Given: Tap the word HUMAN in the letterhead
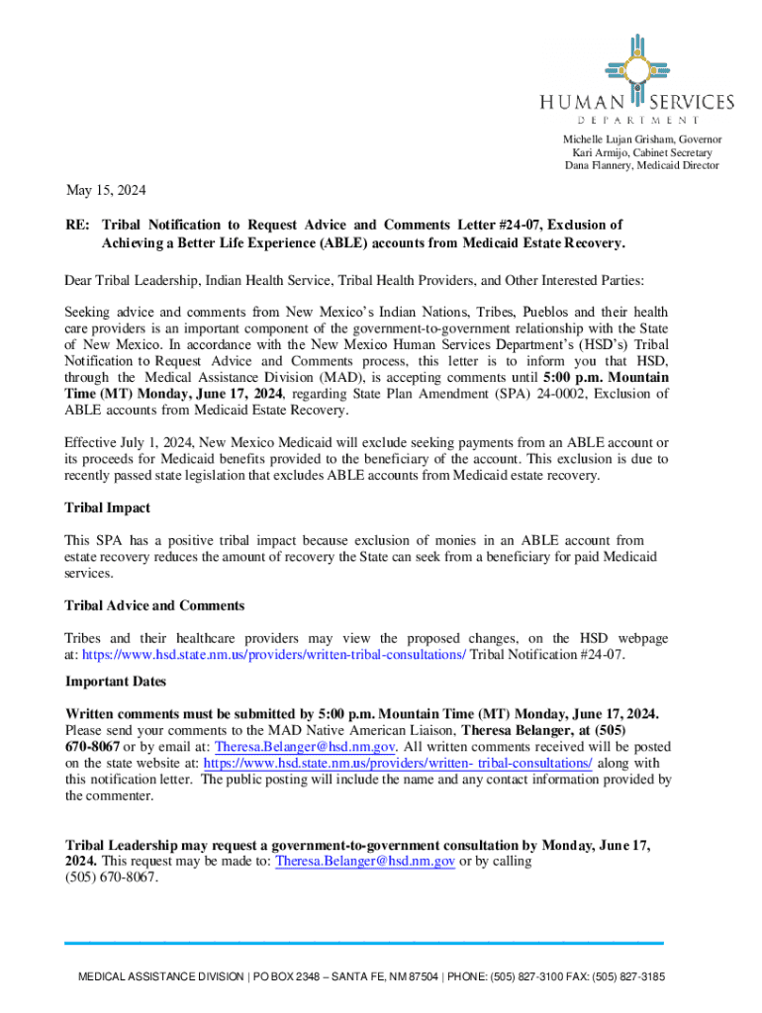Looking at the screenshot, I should [581, 103].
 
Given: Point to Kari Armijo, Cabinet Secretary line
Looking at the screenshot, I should [641, 152].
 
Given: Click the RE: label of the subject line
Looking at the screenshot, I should [78, 226].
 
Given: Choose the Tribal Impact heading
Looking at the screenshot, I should [107, 507].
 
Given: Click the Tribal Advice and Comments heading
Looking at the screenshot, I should [154, 604].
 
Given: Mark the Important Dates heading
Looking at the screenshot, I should [115, 682].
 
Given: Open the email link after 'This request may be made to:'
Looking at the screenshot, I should [365, 861].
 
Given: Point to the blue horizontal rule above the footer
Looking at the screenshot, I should [364, 942].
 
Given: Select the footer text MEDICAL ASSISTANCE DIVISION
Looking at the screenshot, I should [160, 976].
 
